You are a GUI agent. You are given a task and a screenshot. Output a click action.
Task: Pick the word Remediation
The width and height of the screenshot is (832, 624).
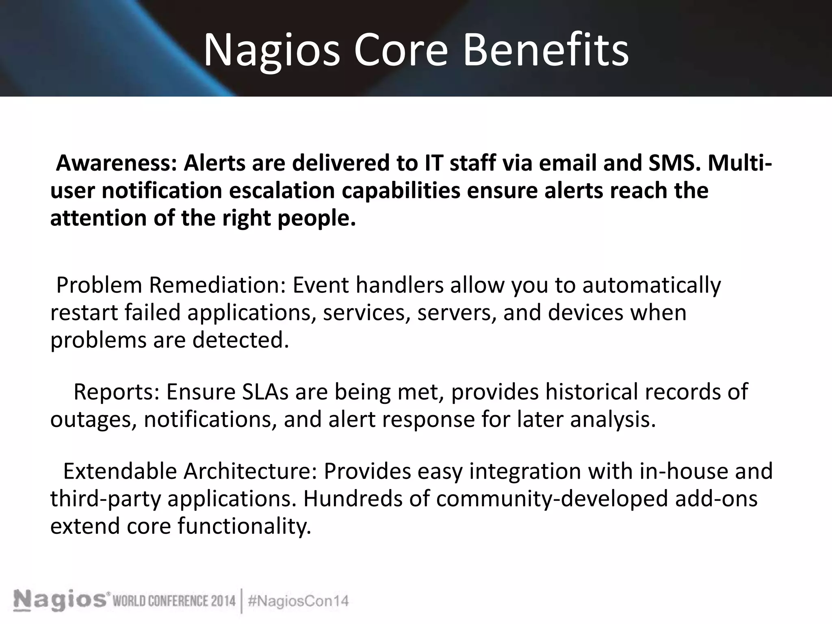point(217,285)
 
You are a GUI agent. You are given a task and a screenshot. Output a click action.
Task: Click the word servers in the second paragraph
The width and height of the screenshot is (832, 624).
point(457,313)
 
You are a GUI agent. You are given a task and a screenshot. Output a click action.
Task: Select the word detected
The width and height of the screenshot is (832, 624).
point(240,340)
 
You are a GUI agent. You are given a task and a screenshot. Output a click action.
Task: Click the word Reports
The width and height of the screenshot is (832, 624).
point(116,392)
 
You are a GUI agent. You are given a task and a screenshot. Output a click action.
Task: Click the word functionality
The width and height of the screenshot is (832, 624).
point(244,526)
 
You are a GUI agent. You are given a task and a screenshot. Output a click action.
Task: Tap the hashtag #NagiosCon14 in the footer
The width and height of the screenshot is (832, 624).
point(298,601)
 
